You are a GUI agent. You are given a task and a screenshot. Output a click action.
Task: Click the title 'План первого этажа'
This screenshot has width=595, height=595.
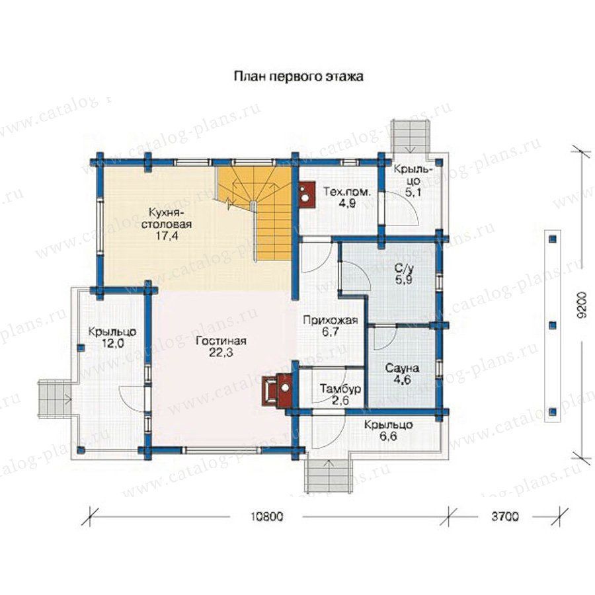pyautogui.click(x=298, y=77)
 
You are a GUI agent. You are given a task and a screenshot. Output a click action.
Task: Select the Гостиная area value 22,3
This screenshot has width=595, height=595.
pyautogui.click(x=221, y=352)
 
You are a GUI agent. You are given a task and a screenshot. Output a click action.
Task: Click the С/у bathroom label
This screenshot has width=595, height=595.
pyautogui.click(x=403, y=268)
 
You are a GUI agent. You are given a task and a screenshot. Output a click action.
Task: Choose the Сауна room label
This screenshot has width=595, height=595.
pyautogui.click(x=402, y=368)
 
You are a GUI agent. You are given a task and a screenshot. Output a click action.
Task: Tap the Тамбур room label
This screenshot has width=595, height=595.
pyautogui.click(x=340, y=389)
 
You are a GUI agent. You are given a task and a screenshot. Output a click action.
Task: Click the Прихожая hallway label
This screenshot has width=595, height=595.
pyautogui.click(x=331, y=320)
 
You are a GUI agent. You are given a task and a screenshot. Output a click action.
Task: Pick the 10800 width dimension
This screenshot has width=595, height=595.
pyautogui.click(x=267, y=516)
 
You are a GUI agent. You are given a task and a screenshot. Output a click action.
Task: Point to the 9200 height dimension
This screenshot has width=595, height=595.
pyautogui.click(x=582, y=304)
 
